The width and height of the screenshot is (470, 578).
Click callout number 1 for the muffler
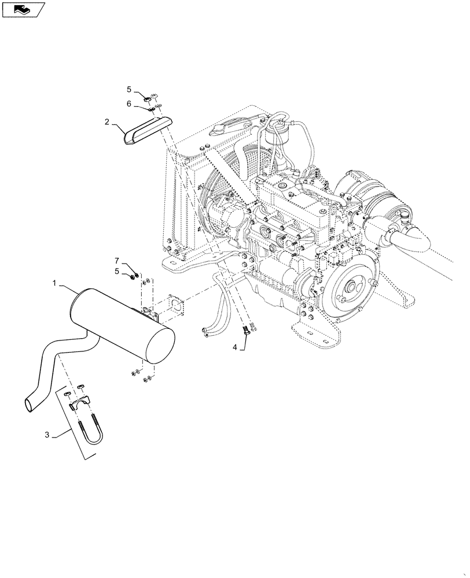[x=55, y=284]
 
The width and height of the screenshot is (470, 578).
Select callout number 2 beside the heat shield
[x=107, y=122]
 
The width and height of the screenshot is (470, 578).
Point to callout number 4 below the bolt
[x=235, y=347]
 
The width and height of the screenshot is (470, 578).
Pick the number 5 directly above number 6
[x=130, y=89]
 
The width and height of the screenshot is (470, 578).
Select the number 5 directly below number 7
[x=116, y=272]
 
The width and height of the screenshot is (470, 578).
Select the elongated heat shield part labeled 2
[x=148, y=129]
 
